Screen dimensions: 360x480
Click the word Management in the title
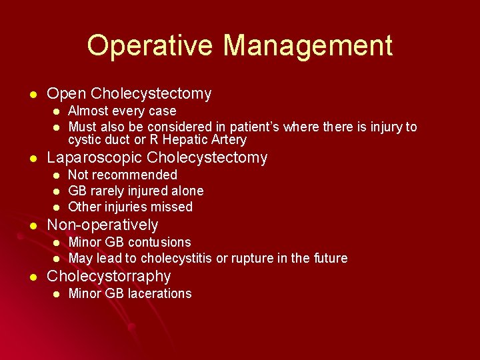click(x=307, y=45)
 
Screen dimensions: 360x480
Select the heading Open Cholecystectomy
click(x=129, y=94)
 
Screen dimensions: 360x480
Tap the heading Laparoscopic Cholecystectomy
click(x=157, y=158)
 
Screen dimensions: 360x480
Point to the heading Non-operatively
click(x=102, y=225)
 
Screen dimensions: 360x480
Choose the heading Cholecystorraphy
click(x=109, y=277)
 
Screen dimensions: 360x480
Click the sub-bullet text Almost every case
click(x=122, y=111)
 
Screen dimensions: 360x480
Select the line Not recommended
click(x=123, y=175)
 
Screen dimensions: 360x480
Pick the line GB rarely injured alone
click(x=136, y=191)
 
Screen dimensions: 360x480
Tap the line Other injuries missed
click(x=130, y=207)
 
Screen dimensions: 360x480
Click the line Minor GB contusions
click(x=129, y=243)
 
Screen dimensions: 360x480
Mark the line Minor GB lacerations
click(x=130, y=294)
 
